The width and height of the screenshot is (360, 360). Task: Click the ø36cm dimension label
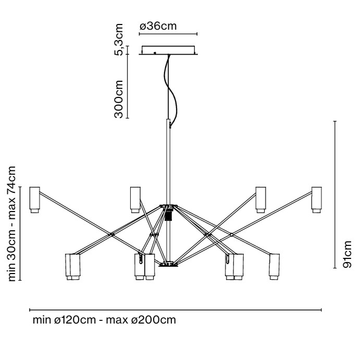pos(159,26)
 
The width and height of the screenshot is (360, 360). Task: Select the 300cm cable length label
pos(119,99)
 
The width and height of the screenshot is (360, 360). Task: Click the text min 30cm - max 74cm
pos(12,224)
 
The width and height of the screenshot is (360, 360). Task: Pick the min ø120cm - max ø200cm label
pos(104,319)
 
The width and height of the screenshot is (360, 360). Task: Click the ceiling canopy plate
pos(168,51)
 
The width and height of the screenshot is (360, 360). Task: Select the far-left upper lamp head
pos(35,199)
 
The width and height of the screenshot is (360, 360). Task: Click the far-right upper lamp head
pos(316,199)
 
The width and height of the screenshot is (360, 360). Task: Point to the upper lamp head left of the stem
pos(135,199)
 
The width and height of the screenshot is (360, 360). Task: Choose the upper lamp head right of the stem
pos(261,199)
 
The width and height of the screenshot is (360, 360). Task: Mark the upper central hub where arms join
pos(168,206)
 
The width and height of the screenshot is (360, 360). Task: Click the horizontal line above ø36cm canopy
pos(168,35)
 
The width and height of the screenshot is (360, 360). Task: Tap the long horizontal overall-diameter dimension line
pos(175,310)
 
